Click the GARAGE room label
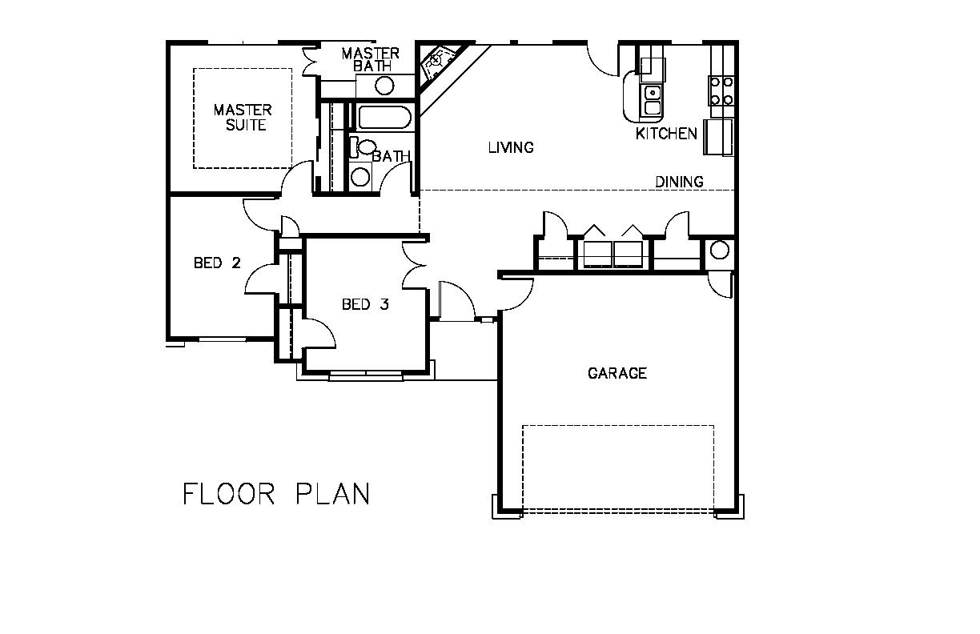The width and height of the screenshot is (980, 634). (617, 373)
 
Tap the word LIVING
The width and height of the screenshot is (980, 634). (511, 147)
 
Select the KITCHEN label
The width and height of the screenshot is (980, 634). (666, 134)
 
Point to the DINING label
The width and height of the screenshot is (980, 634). (679, 182)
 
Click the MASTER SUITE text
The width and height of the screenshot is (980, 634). (243, 117)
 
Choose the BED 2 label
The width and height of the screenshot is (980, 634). (218, 263)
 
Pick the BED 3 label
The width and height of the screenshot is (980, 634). (365, 304)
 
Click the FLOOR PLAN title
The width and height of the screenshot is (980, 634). (276, 494)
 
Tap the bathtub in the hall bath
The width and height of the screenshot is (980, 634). (384, 117)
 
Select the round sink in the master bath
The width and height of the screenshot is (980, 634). (384, 86)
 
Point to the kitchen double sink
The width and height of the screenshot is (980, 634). (652, 100)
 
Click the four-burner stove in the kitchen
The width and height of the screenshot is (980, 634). (721, 90)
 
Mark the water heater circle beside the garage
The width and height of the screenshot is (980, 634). (720, 251)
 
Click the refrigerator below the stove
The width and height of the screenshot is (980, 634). (718, 137)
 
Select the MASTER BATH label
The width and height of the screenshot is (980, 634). (371, 60)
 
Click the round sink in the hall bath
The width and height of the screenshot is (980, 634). (360, 177)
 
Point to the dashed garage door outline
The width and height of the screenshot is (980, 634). (618, 467)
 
